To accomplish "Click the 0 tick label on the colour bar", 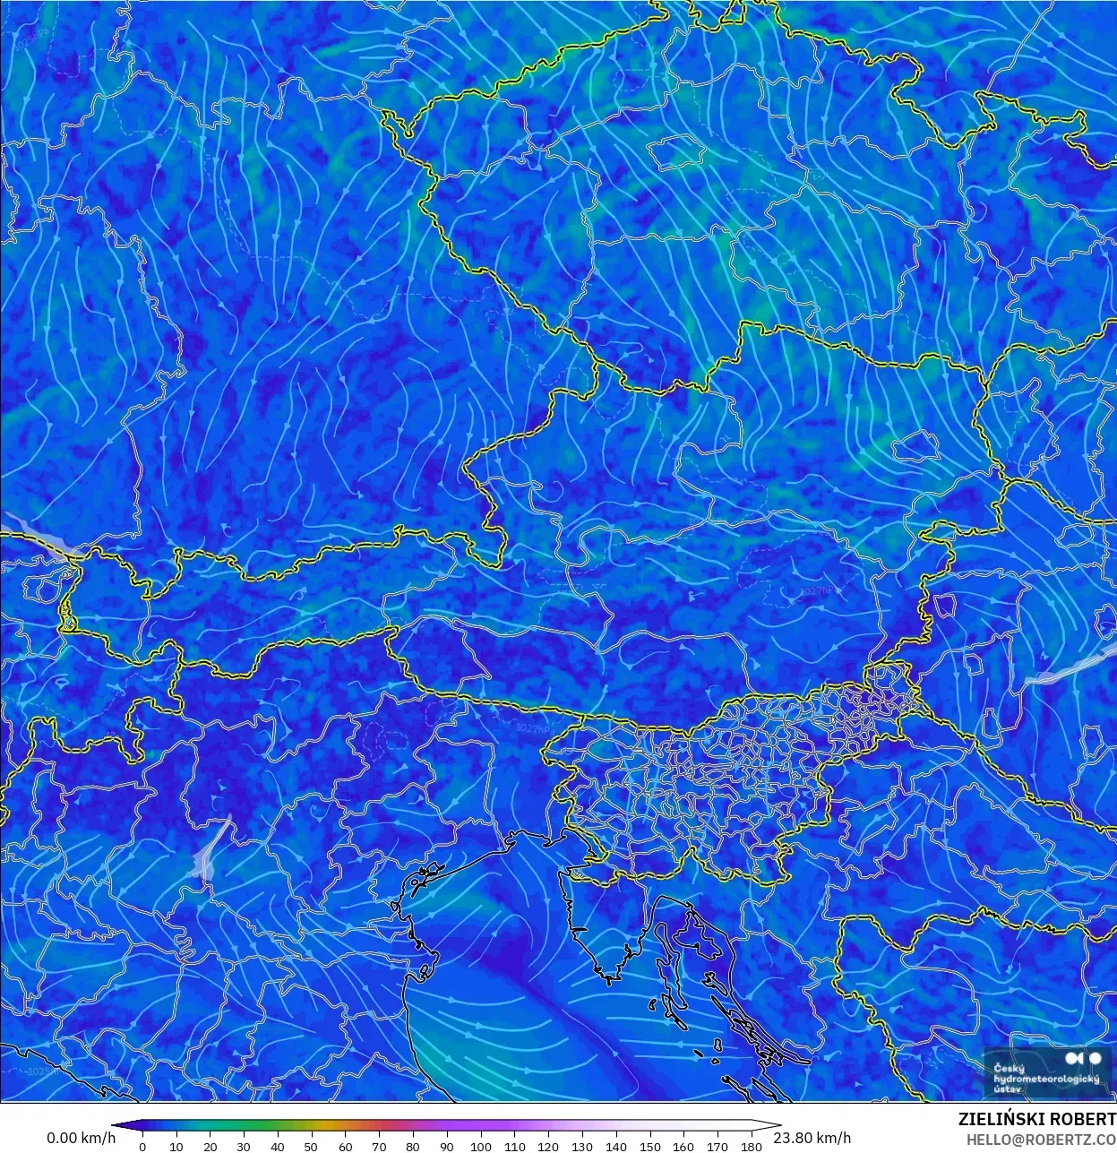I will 142,1147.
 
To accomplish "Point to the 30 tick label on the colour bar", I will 244,1147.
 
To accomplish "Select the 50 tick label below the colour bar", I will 311,1147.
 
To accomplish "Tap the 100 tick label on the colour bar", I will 481,1147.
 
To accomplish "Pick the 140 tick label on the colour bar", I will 616,1147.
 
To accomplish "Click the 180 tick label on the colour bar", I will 752,1147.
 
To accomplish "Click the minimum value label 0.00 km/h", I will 81,1138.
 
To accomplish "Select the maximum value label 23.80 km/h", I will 812,1138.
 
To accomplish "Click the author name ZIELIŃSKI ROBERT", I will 1036,1120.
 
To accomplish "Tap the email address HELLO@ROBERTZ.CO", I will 1040,1140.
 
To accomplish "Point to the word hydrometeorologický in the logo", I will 1046,1079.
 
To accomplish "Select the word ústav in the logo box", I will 1008,1089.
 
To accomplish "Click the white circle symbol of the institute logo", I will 1095,1059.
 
